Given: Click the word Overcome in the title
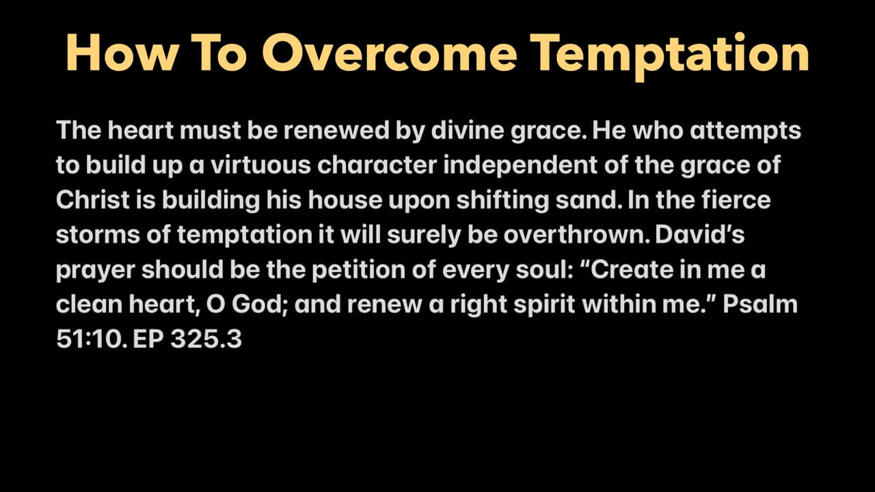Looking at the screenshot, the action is (x=390, y=53).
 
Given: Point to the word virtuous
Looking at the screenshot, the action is (x=260, y=165).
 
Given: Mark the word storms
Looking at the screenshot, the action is (x=98, y=235).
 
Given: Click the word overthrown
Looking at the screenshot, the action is (x=576, y=234).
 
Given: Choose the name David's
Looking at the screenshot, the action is (x=700, y=234).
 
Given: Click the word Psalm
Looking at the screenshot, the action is (x=759, y=304).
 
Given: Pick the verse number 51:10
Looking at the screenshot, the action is (x=92, y=339).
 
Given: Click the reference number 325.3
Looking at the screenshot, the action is (x=206, y=339).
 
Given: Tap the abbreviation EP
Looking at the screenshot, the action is (x=148, y=339).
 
